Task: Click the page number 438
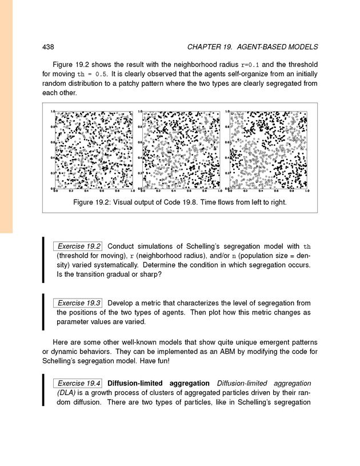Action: [x=49, y=46]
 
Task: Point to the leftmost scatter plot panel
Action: [x=94, y=150]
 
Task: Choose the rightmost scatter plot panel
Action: [x=269, y=150]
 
